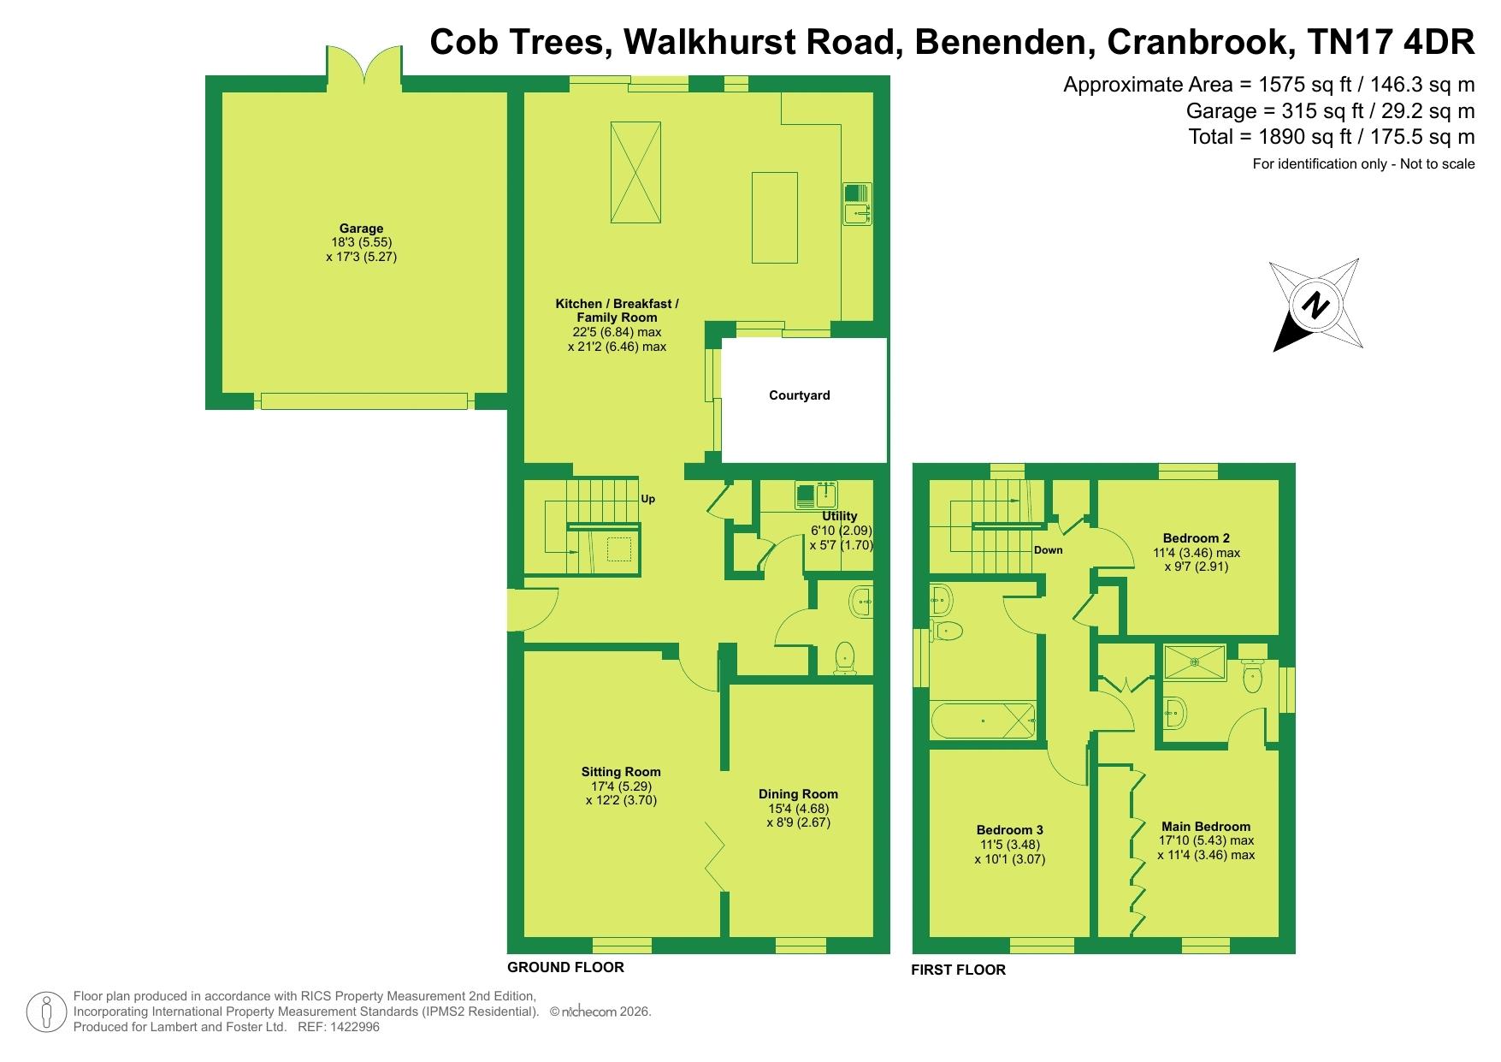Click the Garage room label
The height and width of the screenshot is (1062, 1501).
pyautogui.click(x=361, y=228)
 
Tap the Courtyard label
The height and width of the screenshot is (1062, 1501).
pyautogui.click(x=800, y=395)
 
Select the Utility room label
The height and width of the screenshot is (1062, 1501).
pyautogui.click(x=840, y=516)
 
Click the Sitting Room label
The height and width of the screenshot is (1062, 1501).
pyautogui.click(x=621, y=772)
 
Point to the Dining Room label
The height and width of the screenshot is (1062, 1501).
pyautogui.click(x=798, y=793)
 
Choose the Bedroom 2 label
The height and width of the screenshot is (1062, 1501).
pyautogui.click(x=1197, y=538)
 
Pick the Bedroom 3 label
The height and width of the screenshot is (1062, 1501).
pyautogui.click(x=1010, y=830)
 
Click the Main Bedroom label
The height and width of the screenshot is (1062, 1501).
pyautogui.click(x=1206, y=827)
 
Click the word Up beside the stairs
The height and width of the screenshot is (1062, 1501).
pyautogui.click(x=648, y=499)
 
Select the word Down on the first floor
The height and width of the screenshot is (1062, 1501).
pyautogui.click(x=1048, y=550)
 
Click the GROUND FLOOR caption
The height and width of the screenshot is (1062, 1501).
pyautogui.click(x=565, y=967)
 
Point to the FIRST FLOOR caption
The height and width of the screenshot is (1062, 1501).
pyautogui.click(x=958, y=970)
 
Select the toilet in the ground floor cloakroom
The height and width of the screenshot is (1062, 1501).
pyautogui.click(x=845, y=657)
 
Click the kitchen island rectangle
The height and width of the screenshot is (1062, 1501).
pyautogui.click(x=774, y=217)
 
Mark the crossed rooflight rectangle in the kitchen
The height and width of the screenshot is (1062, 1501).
pyautogui.click(x=635, y=172)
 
